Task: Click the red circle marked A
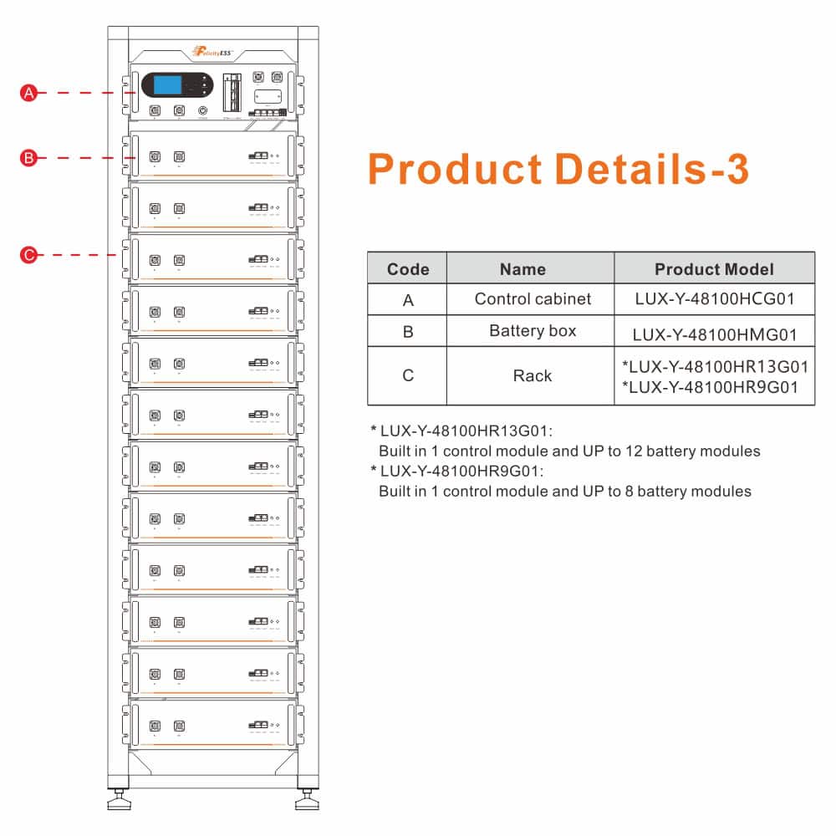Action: tap(29, 94)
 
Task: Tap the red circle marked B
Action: tap(29, 157)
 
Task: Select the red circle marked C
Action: tap(29, 255)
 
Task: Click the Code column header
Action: tap(408, 269)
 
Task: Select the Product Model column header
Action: tap(714, 269)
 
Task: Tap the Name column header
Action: tap(522, 269)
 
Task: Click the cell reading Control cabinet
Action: tap(533, 298)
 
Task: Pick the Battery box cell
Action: tap(533, 331)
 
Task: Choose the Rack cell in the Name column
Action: tap(533, 375)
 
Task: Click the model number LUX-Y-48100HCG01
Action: tap(713, 298)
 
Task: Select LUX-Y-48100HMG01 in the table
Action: tap(713, 334)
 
